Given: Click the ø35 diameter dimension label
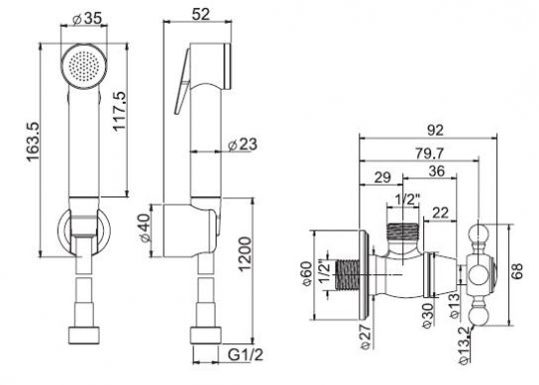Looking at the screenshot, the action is [x=88, y=19].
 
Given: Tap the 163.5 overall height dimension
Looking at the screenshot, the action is [x=33, y=142].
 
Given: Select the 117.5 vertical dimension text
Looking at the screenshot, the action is [x=120, y=111].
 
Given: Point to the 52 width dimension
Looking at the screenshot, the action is [x=201, y=14].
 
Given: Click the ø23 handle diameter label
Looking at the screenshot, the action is [x=243, y=145].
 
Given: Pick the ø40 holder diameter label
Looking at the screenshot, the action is [x=145, y=228].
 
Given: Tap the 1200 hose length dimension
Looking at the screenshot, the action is [x=246, y=254].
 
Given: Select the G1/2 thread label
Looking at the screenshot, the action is [x=246, y=355].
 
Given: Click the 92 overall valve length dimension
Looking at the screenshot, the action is [x=435, y=131].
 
